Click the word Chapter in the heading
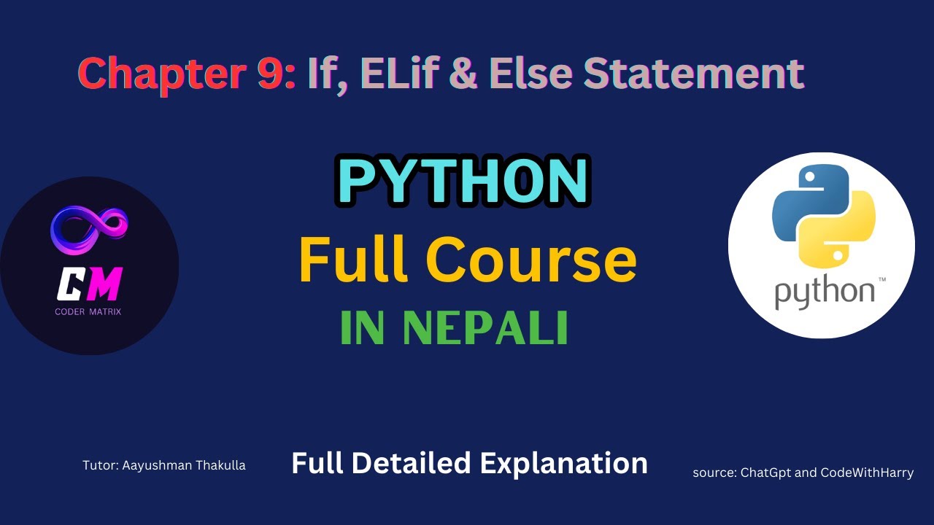tap(166, 74)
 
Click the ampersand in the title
tap(463, 74)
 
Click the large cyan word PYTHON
tap(464, 182)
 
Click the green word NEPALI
tap(486, 330)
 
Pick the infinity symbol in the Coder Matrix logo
tap(89, 225)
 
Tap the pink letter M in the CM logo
tap(105, 284)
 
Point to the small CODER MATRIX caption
tap(89, 312)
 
